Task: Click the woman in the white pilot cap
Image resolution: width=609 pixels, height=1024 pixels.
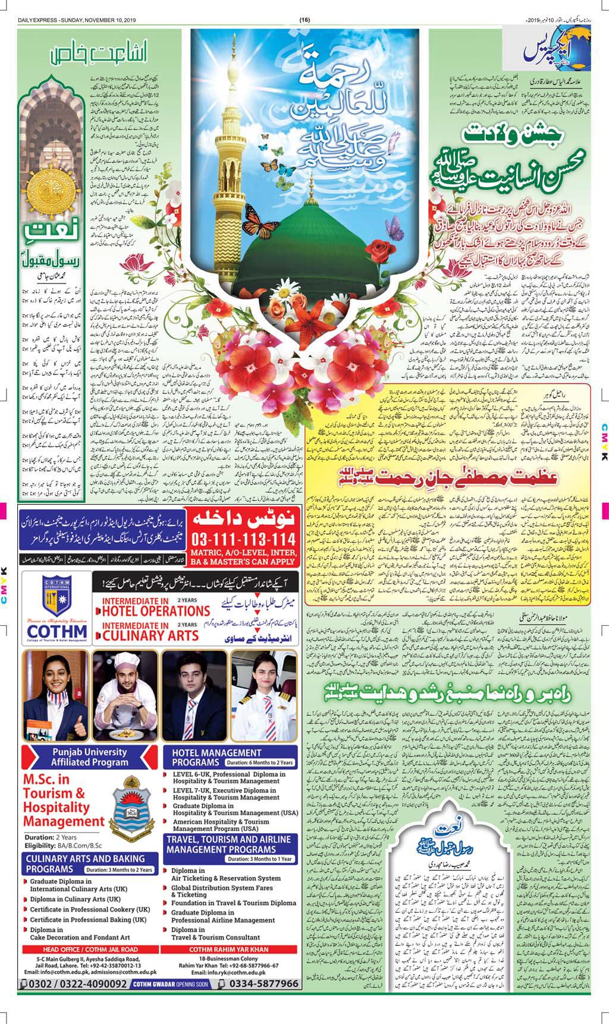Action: point(266,692)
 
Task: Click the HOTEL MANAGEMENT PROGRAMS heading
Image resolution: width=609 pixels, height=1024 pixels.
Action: point(217,757)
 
